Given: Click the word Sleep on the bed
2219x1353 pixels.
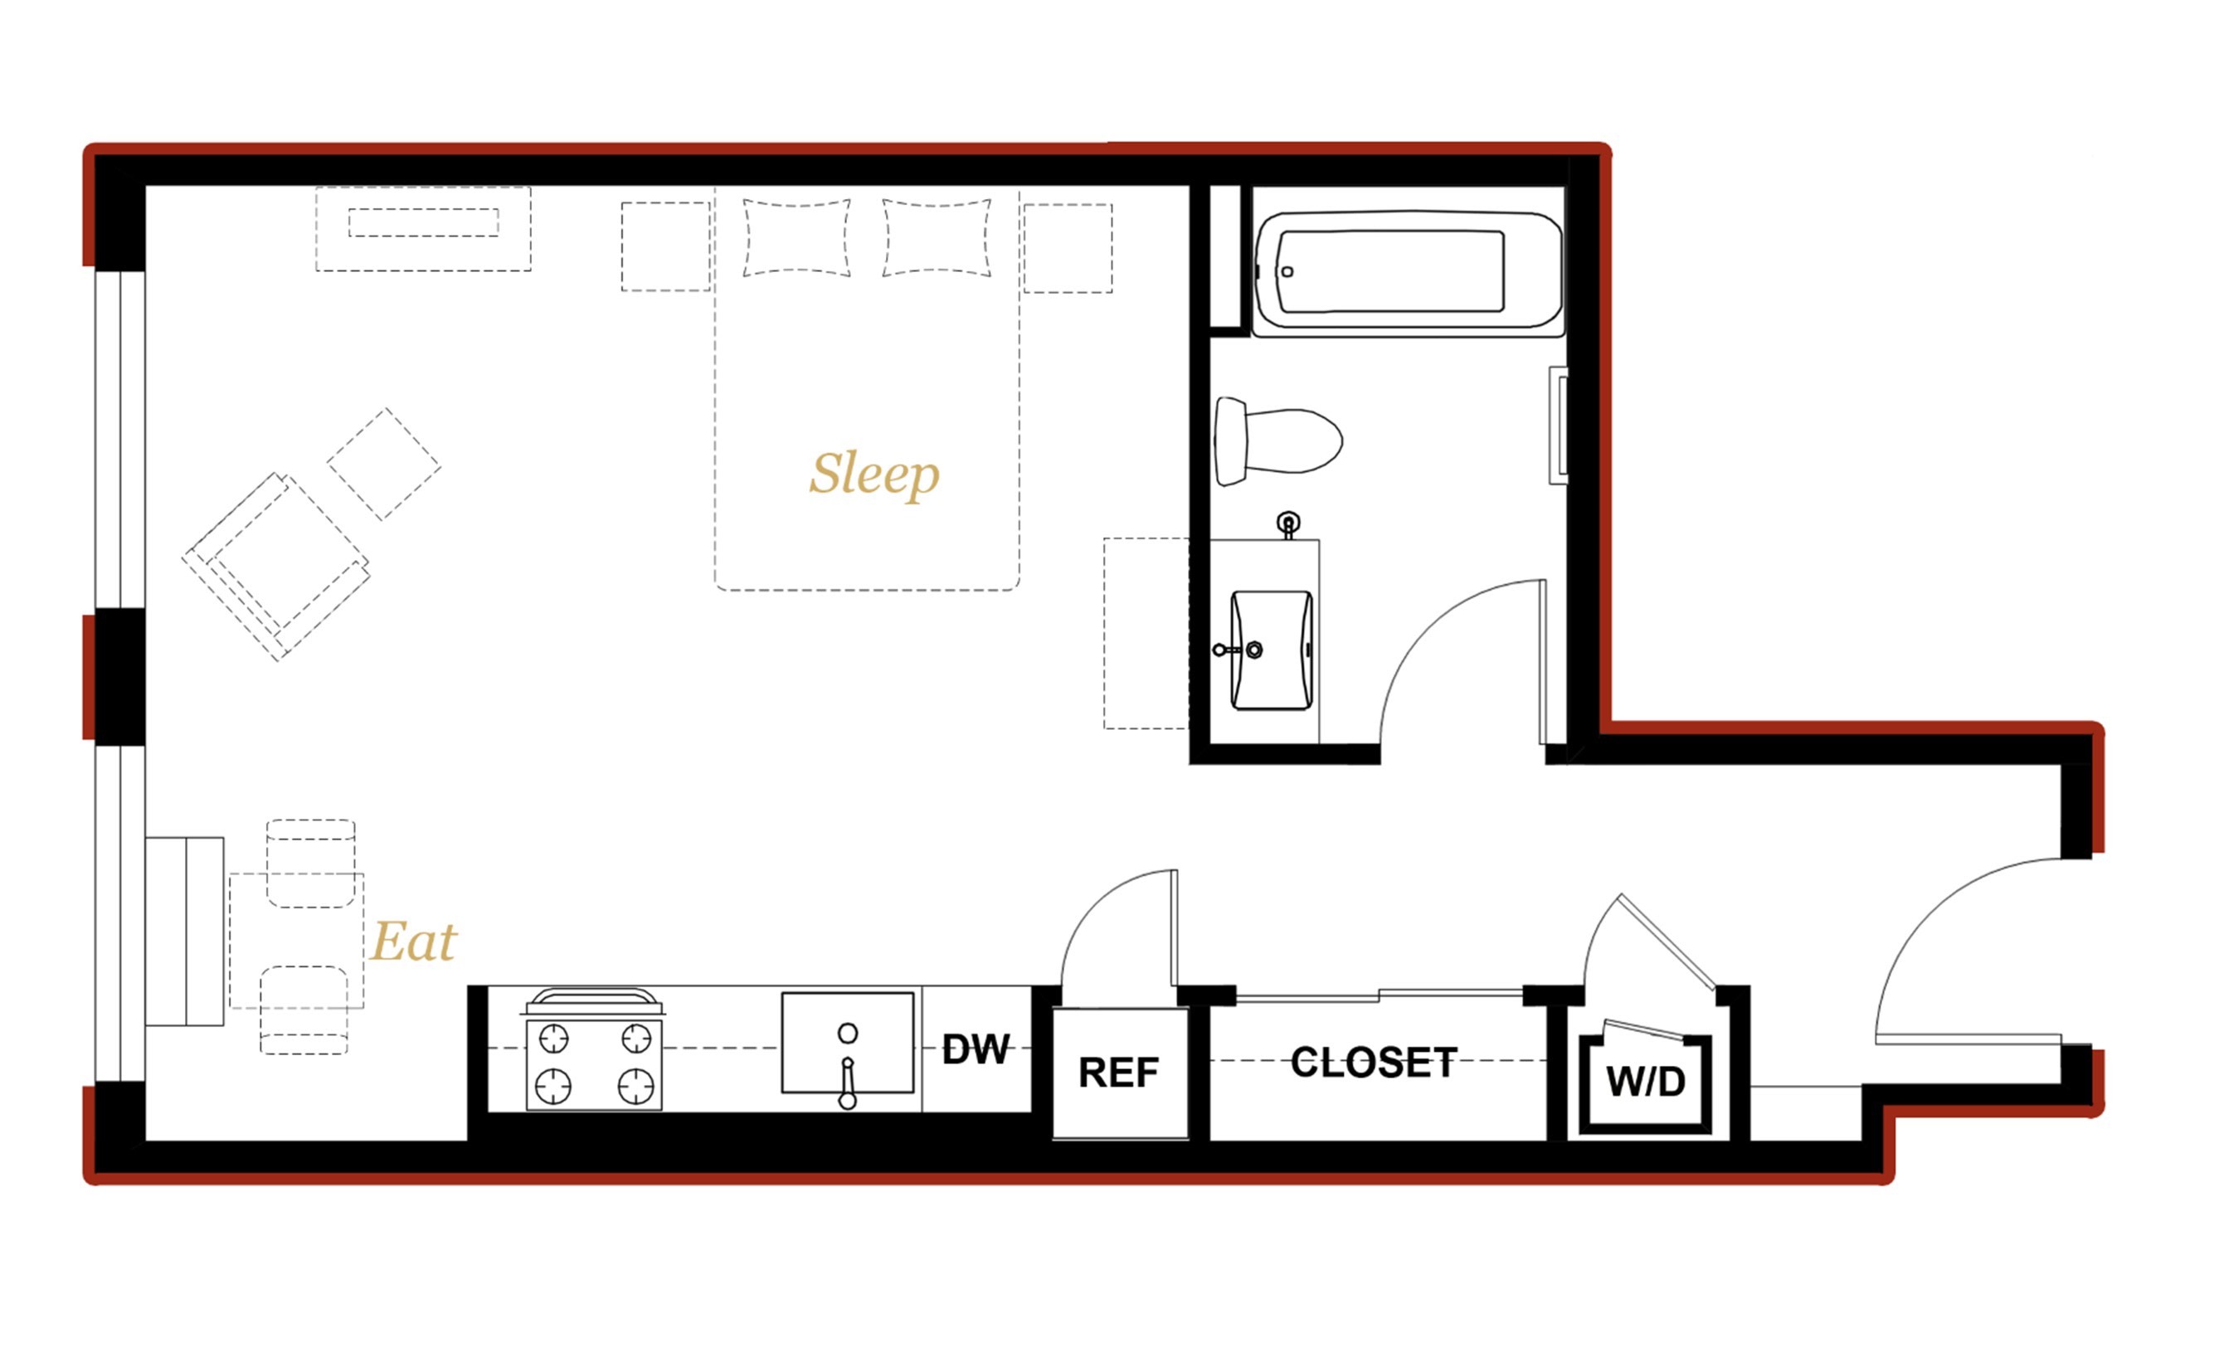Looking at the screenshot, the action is (873, 474).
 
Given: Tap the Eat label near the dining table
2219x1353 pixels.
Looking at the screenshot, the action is (413, 942).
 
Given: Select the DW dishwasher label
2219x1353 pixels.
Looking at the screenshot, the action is (976, 1049).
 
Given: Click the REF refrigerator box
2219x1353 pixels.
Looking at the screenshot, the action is (1119, 1073).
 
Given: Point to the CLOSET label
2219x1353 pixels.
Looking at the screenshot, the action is (1374, 1062).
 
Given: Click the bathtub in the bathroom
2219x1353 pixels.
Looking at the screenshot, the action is (1408, 273).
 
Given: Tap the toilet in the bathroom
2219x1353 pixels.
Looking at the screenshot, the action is (1277, 441).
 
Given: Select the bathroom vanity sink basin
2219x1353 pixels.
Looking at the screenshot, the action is (1271, 650).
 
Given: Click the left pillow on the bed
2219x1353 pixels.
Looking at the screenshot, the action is (796, 238).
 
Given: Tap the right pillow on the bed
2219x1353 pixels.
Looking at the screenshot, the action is (936, 238).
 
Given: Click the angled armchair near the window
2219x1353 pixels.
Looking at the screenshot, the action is (275, 567).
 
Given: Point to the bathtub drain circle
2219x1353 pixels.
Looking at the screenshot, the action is (1287, 272).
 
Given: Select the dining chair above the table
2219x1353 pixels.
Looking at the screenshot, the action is (311, 863).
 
